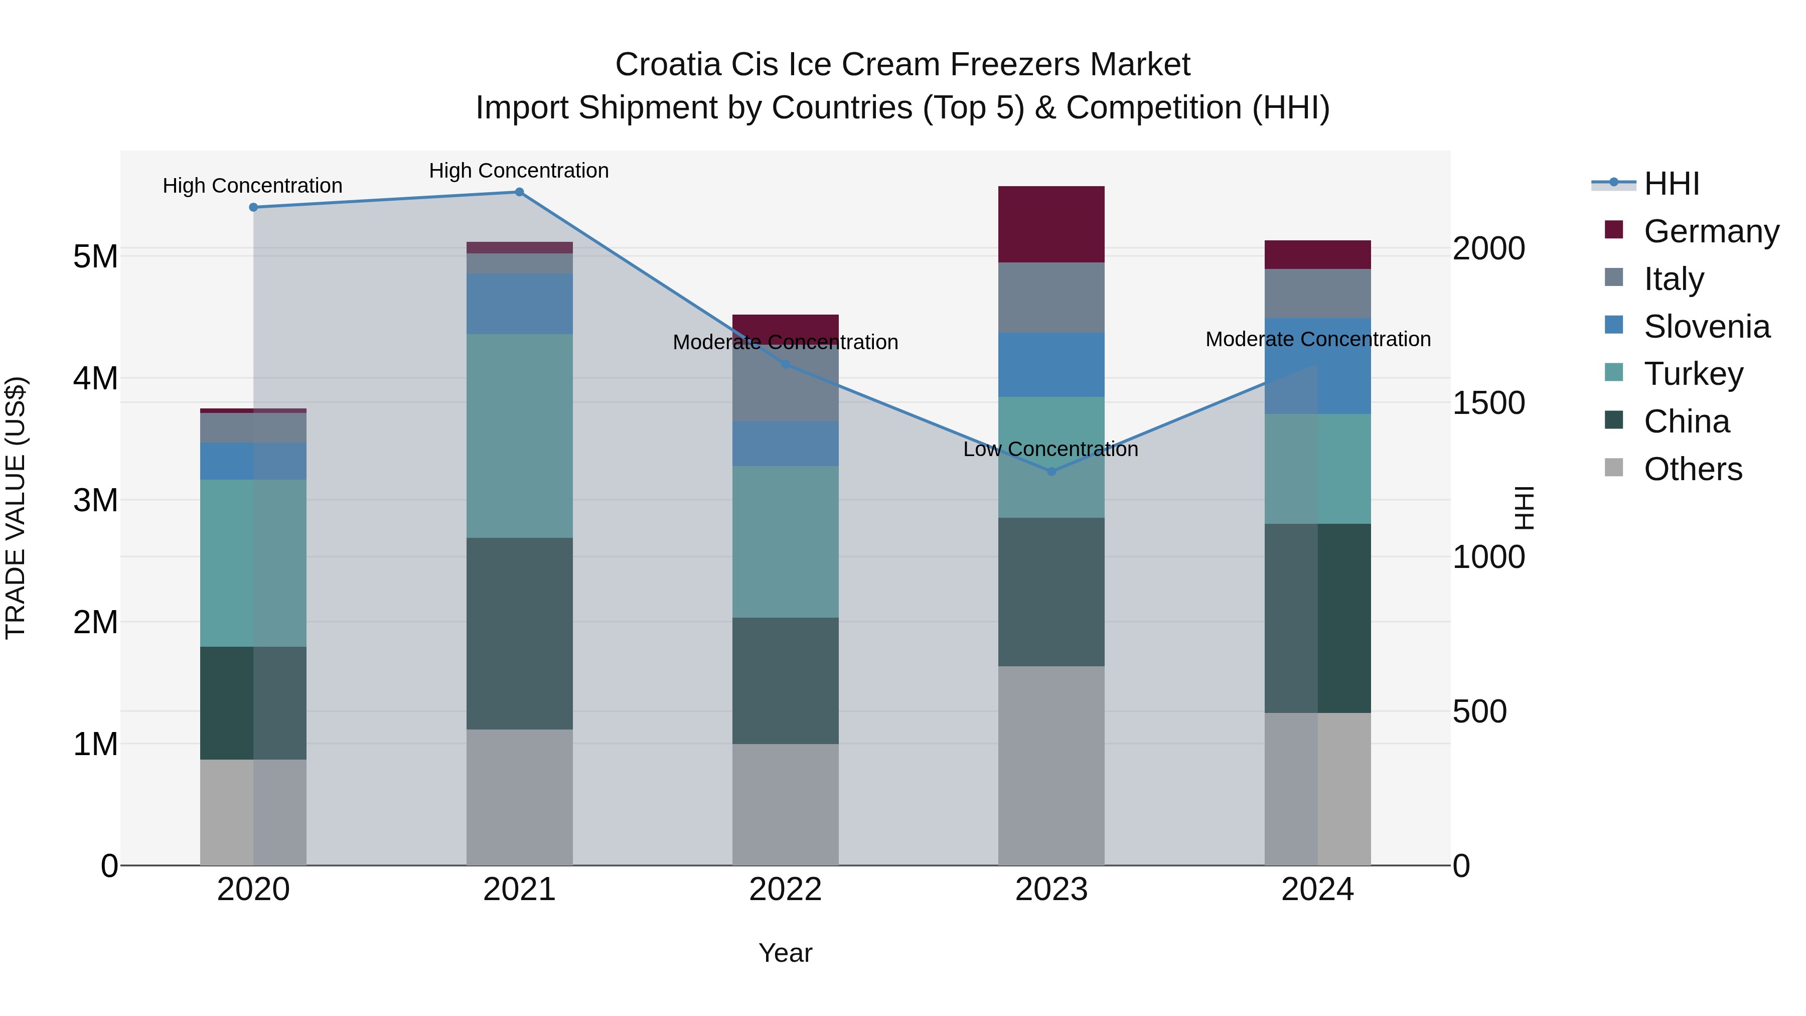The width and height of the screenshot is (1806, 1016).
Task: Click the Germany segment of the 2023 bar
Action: [1051, 224]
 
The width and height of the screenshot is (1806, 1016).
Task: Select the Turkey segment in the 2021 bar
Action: [520, 436]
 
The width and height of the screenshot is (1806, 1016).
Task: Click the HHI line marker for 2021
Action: [520, 192]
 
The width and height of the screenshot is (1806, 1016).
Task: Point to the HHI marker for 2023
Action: [1051, 472]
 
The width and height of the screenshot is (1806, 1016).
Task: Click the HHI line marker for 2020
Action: [254, 208]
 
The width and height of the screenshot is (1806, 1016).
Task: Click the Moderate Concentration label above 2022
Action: [785, 342]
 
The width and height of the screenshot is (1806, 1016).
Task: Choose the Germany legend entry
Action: [1711, 231]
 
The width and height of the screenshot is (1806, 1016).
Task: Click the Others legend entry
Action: [1693, 469]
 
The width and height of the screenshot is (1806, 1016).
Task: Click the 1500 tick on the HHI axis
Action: [1488, 403]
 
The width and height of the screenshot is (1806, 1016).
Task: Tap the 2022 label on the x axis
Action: [785, 890]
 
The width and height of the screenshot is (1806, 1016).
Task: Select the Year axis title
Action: [785, 953]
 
